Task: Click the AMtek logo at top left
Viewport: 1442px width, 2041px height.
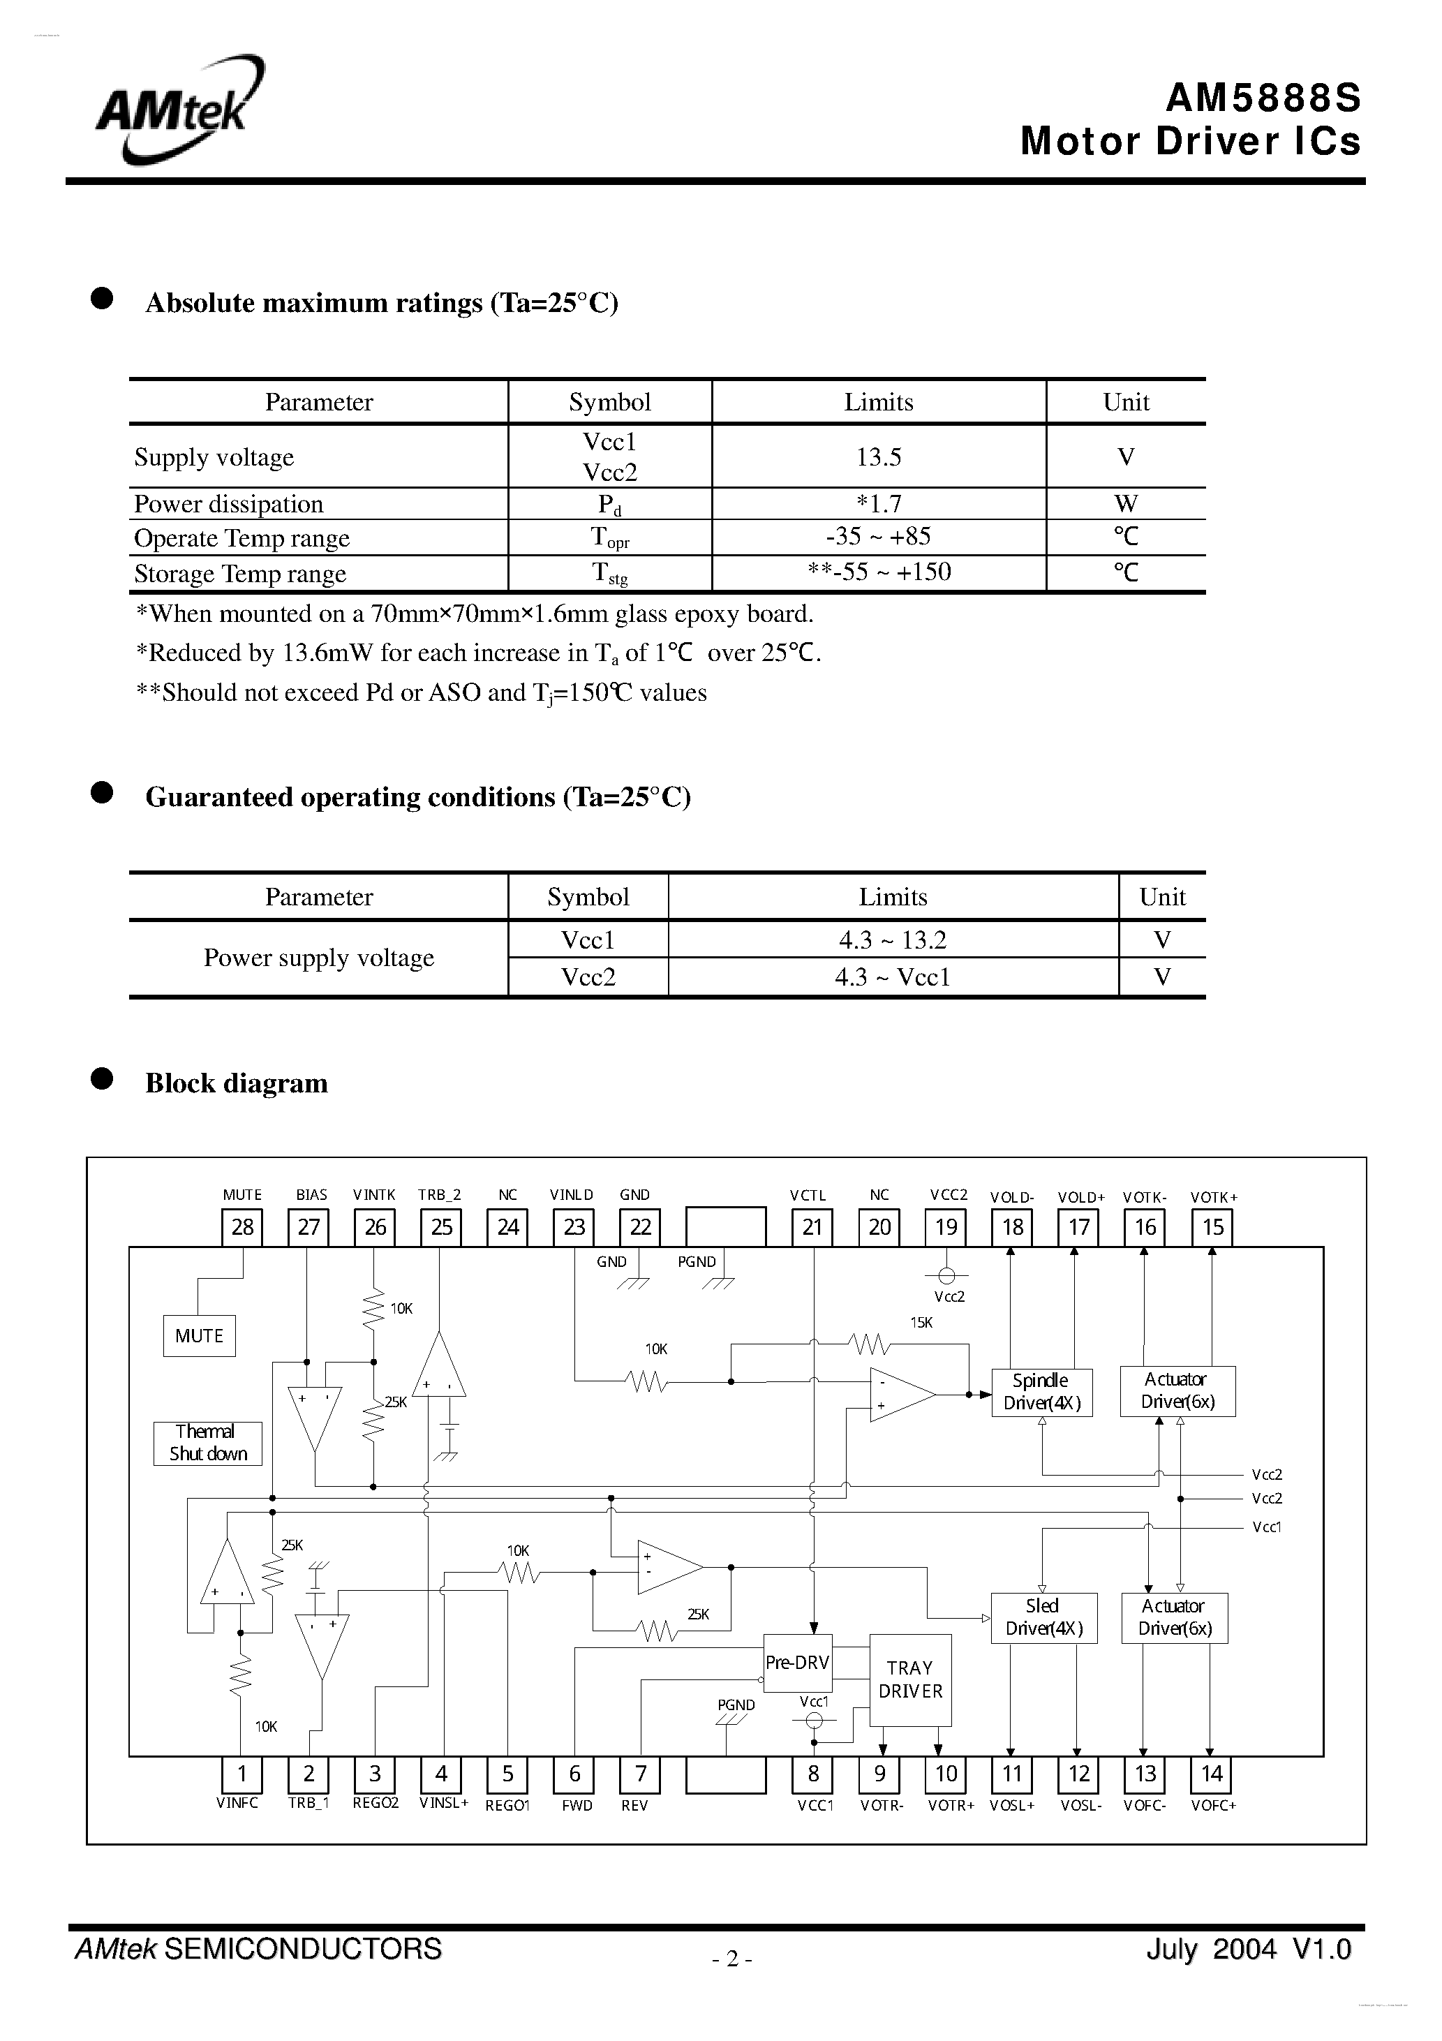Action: [178, 111]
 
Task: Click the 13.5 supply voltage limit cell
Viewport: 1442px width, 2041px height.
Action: [878, 457]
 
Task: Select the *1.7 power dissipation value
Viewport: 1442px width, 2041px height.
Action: [878, 504]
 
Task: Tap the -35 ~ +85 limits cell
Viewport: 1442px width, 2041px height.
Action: [878, 537]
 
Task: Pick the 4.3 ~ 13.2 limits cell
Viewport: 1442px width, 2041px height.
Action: [893, 940]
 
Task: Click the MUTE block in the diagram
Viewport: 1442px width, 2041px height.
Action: [199, 1336]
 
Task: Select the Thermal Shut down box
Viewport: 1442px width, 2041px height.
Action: [208, 1443]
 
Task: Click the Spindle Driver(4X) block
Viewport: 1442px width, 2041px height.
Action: [1042, 1392]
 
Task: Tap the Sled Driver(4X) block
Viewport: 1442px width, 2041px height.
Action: [1043, 1618]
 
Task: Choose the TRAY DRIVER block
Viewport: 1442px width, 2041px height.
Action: [910, 1679]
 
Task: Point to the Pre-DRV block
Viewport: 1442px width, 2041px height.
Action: [798, 1662]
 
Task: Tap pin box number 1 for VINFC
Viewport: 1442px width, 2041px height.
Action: [241, 1774]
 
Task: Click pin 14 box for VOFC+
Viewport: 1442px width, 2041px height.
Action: [1212, 1774]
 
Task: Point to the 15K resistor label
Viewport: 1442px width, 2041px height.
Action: [921, 1323]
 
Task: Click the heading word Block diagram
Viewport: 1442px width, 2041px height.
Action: [237, 1083]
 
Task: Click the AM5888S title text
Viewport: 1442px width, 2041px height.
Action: [1263, 98]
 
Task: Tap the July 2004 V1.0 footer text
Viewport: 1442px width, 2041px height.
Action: [1247, 1950]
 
